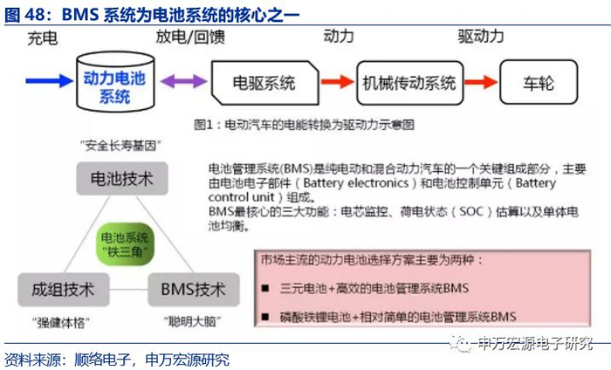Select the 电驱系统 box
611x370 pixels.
click(x=264, y=84)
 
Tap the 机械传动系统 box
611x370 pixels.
click(x=408, y=84)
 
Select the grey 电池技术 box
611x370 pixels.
click(x=121, y=181)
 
